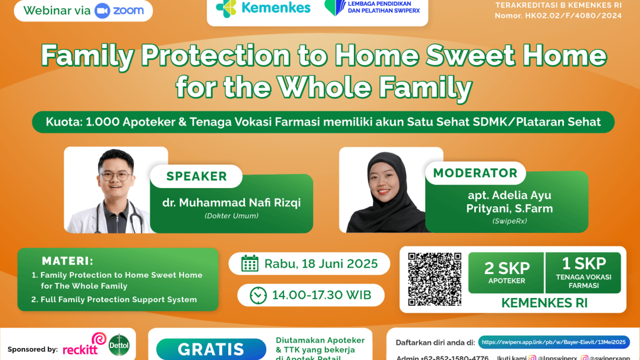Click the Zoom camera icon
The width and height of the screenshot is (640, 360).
tap(102, 11)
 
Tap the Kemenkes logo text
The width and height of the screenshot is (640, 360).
tap(276, 8)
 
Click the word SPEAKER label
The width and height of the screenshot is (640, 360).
tap(196, 176)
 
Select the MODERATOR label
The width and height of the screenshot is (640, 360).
tap(475, 173)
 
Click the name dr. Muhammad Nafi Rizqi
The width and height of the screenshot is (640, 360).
tap(231, 203)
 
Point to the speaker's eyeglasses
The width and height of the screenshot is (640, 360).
tap(115, 175)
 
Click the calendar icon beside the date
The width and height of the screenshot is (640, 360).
tap(250, 263)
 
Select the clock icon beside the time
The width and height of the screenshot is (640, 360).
tap(258, 295)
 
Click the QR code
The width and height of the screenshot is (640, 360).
tap(435, 279)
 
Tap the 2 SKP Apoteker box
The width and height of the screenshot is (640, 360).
tap(506, 273)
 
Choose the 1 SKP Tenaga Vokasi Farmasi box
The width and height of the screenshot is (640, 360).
tap(583, 273)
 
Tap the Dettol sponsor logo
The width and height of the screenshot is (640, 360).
tap(119, 345)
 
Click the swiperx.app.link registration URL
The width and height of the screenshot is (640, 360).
tap(553, 342)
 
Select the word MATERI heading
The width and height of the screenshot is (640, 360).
tap(68, 261)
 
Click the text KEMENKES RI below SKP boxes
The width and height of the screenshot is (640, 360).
tap(544, 303)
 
